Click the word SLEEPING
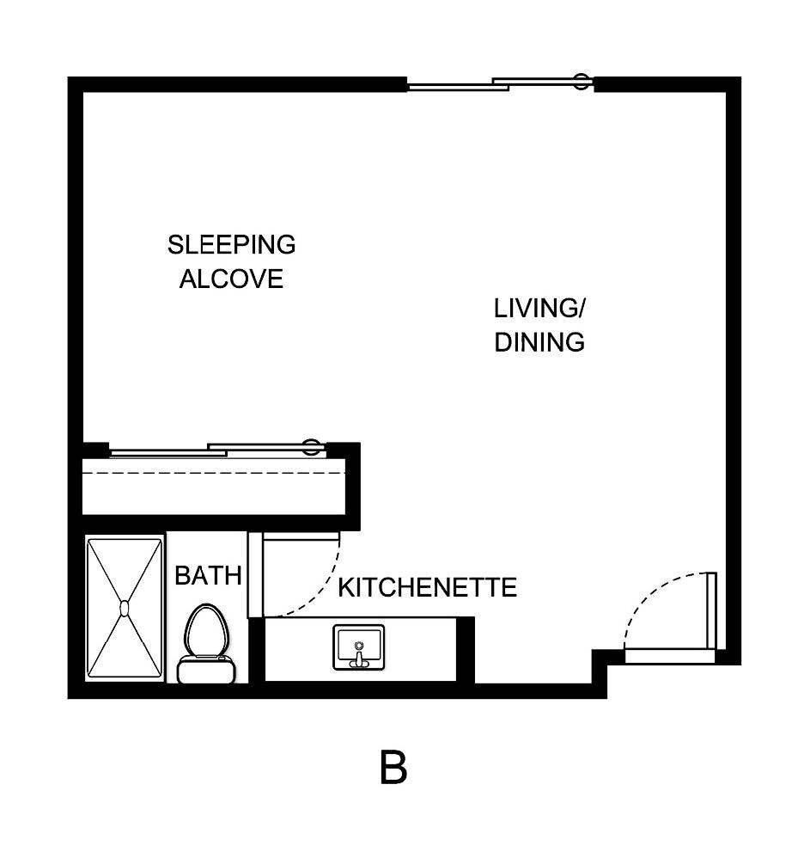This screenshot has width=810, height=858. coord(231,245)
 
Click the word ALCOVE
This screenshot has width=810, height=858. coord(231,279)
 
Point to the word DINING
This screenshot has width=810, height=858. coord(539,342)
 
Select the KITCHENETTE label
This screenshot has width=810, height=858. coord(427,588)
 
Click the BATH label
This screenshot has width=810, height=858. coord(208,576)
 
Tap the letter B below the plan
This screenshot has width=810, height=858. coord(393,768)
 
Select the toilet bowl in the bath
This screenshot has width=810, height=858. coord(206,630)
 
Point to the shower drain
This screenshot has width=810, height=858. coord(124,609)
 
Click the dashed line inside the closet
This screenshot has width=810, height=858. coord(215,473)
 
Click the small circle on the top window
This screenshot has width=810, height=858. coord(582,83)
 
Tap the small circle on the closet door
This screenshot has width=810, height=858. coord(313,447)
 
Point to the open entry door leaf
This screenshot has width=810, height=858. coord(711,610)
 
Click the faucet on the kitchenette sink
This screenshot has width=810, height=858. coord(358,659)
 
